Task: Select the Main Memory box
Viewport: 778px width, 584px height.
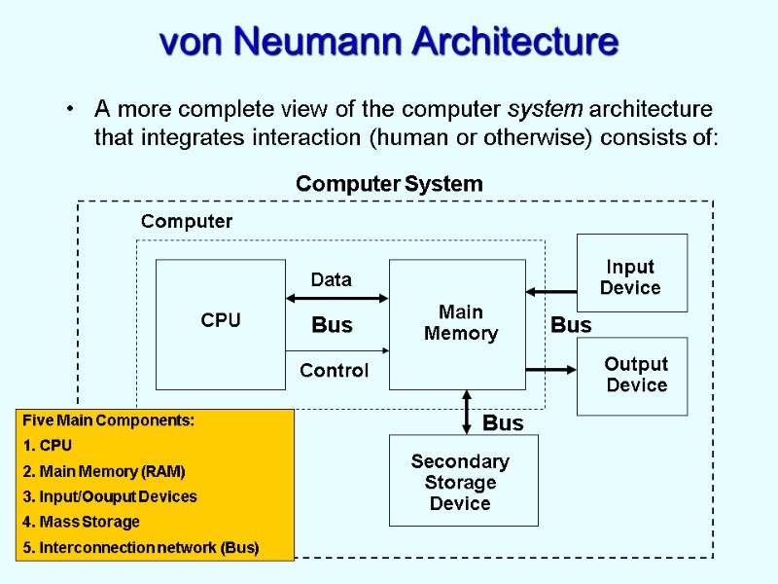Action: point(457,323)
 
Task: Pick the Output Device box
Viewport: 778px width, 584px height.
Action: point(633,376)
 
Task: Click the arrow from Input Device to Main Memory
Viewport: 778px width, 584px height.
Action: point(551,291)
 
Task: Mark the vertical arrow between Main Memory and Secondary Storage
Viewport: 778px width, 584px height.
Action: point(468,412)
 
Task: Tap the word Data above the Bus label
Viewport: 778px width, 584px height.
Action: point(331,280)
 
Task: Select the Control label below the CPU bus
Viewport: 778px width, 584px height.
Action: point(334,371)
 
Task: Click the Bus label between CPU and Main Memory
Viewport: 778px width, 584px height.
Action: point(332,325)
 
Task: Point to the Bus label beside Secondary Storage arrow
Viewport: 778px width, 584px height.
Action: point(503,423)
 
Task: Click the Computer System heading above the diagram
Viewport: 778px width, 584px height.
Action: point(389,184)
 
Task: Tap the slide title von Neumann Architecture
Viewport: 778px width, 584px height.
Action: point(389,43)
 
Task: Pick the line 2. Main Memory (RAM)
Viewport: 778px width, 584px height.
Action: point(103,471)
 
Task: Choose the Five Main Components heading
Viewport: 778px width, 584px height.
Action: point(108,420)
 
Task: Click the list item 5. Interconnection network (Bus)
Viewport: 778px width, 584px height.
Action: point(140,547)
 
